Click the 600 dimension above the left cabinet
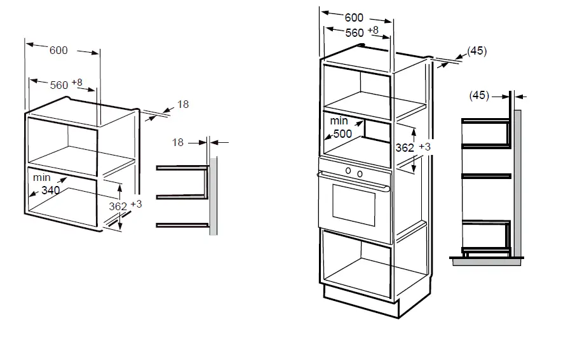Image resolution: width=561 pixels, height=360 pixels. coord(58,51)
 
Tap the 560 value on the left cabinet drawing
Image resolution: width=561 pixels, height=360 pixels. coord(59,84)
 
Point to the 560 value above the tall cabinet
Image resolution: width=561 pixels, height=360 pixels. coord(355,32)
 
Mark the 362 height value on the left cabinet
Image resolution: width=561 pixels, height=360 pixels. coord(118,206)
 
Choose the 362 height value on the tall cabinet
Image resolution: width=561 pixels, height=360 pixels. coord(405,147)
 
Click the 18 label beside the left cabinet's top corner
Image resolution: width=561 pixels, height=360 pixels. coord(183,104)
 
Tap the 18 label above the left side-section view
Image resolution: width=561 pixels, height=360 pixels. coord(178,142)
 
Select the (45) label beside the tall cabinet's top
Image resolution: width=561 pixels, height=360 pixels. coord(477,51)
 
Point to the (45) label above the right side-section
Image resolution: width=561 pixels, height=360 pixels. coord(479,95)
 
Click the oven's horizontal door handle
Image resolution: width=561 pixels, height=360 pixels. coord(355,183)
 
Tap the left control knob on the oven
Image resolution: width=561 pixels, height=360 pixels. coord(348,170)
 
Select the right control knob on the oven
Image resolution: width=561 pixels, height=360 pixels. coord(360,174)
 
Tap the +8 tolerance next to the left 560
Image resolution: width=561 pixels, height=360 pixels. coord(77,83)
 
